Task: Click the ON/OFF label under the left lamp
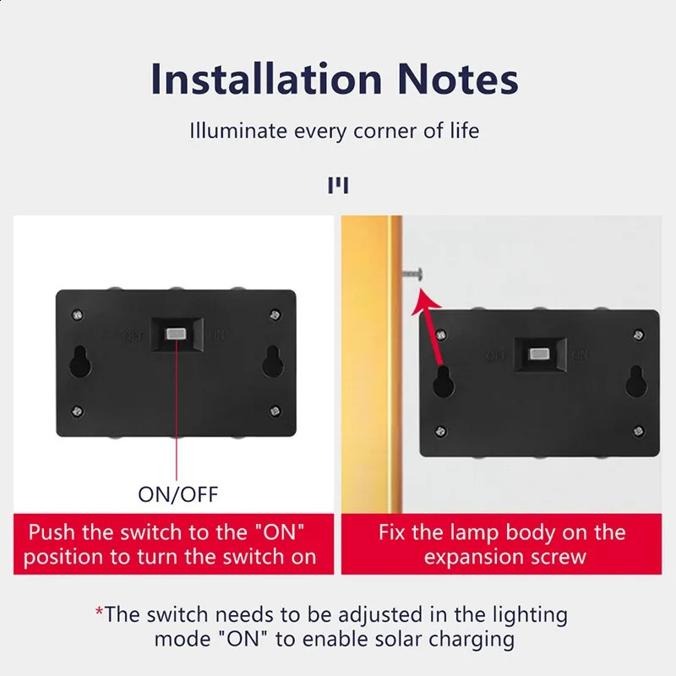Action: tap(177, 493)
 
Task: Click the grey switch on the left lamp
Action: tap(177, 335)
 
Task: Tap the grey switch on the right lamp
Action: tap(537, 355)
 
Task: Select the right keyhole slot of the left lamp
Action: tap(274, 363)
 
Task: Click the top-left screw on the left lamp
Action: tap(79, 315)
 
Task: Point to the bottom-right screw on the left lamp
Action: tap(274, 411)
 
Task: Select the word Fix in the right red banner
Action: tap(395, 533)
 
